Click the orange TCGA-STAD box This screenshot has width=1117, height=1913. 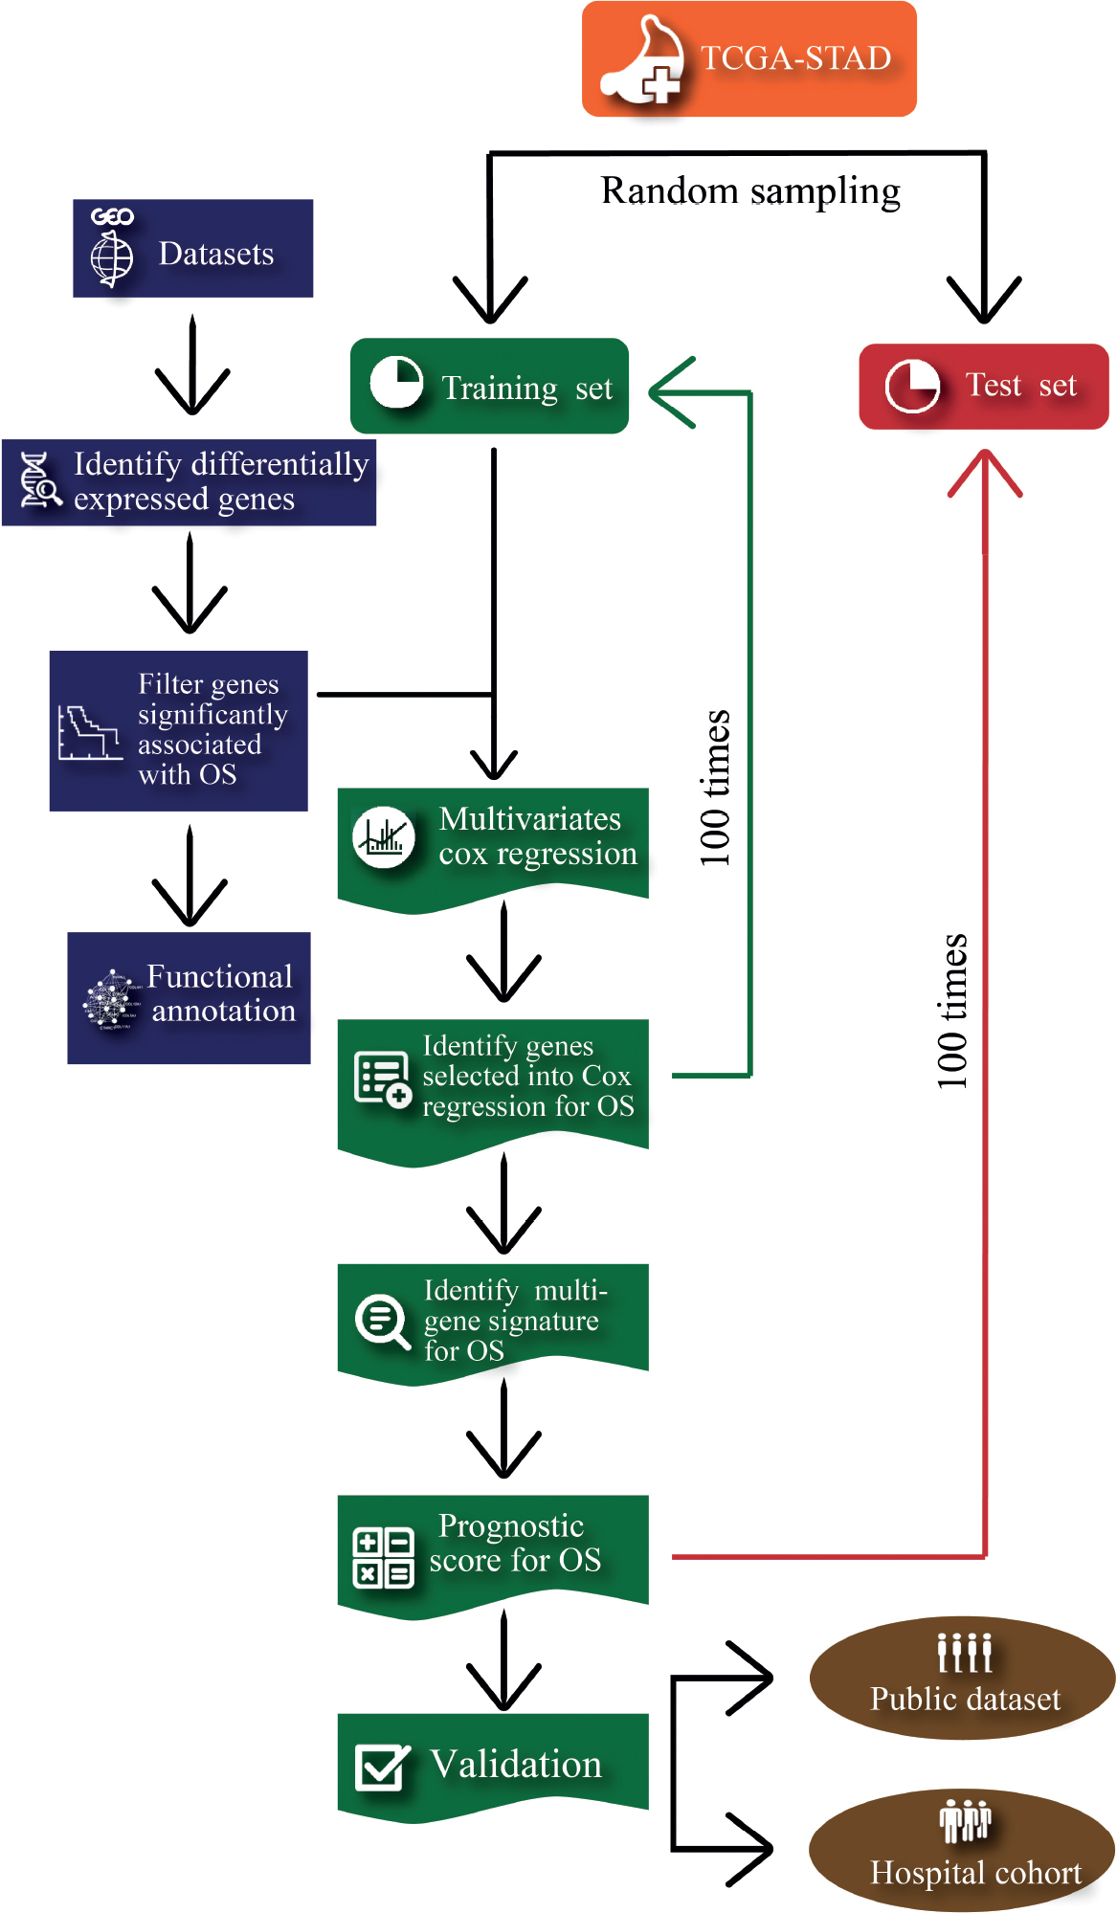[748, 59]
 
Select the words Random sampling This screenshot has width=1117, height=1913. [750, 191]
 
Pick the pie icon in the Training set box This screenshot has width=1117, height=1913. [396, 382]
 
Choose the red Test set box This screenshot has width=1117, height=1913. [983, 387]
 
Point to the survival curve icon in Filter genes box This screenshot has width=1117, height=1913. [89, 733]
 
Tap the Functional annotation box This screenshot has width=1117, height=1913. [189, 998]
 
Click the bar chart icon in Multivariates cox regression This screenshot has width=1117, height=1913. [384, 837]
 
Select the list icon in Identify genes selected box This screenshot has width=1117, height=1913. [382, 1079]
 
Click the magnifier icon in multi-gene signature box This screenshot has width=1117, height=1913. [382, 1322]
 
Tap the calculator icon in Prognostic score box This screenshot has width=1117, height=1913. [383, 1557]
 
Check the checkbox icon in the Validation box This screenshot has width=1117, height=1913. [382, 1767]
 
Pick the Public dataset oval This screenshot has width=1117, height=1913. [962, 1678]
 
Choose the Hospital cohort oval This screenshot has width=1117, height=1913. [962, 1850]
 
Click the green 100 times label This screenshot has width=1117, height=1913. [715, 789]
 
